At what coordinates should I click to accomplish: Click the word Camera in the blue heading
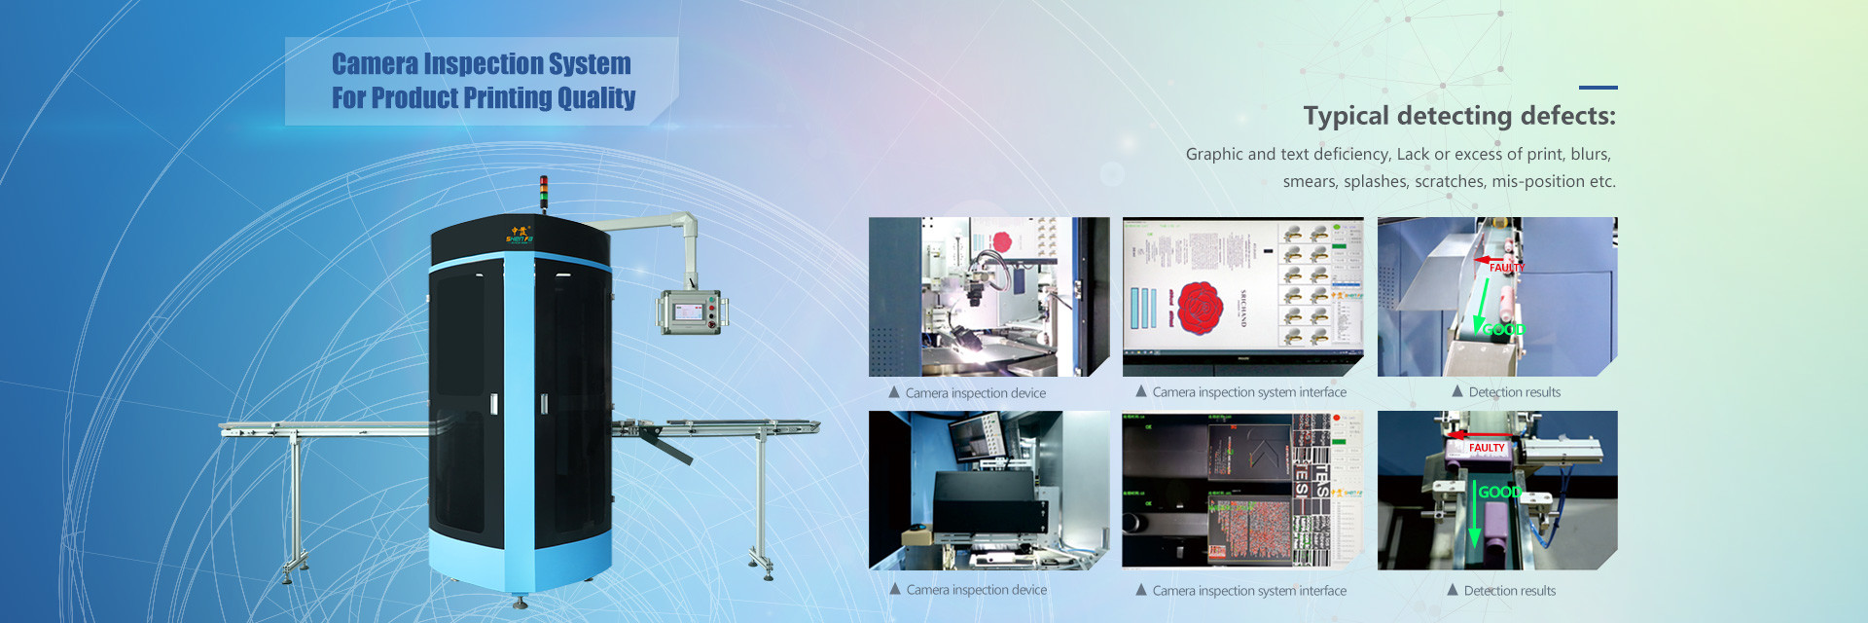point(375,64)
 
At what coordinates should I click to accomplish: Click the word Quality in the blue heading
point(596,98)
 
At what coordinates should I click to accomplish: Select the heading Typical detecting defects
point(1458,116)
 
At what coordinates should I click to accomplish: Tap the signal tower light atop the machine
point(544,192)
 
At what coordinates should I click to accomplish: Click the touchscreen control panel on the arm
point(689,312)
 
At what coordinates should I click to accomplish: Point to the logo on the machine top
point(519,235)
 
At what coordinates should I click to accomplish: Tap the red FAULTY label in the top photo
point(1506,267)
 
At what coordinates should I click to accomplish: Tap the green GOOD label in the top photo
point(1503,329)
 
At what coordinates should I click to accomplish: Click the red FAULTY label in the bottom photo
point(1486,448)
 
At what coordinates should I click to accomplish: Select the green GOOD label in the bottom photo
point(1498,492)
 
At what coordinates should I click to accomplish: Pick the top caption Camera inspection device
point(975,393)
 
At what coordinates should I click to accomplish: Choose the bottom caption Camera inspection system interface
point(1249,591)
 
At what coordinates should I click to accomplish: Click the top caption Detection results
point(1514,392)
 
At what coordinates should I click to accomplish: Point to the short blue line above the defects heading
point(1598,88)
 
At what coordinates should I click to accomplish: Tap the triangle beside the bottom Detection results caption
point(1453,590)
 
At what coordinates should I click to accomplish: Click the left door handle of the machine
point(494,403)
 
